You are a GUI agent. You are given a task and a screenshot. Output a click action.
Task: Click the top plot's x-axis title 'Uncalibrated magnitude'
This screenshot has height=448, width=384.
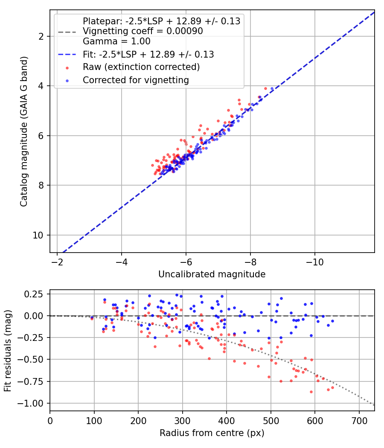(x=212, y=274)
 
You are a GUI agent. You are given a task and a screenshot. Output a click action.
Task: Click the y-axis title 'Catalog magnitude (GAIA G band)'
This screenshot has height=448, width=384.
(x=24, y=132)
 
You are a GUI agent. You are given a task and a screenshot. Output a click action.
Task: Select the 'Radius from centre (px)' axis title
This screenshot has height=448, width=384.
(x=212, y=433)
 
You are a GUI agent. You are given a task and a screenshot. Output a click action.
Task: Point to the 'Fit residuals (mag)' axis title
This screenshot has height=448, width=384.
(x=8, y=351)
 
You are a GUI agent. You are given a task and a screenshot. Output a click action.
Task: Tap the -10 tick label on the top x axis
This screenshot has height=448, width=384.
(x=314, y=262)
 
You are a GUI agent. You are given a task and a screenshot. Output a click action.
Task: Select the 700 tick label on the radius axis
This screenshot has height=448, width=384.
(x=359, y=421)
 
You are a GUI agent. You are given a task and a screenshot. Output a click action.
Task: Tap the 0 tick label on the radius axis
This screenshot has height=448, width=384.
(x=50, y=421)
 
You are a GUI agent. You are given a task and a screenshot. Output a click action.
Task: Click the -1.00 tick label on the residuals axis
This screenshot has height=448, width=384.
(x=31, y=404)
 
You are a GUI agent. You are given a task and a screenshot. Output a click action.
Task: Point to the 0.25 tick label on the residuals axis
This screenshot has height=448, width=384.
(x=34, y=294)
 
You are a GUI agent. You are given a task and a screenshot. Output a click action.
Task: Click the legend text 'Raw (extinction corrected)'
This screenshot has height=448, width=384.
(x=141, y=67)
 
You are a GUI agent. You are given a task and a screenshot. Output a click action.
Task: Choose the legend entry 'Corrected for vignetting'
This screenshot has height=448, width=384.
(x=136, y=80)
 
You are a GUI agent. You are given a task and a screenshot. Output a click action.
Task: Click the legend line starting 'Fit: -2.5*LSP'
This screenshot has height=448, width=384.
(x=148, y=54)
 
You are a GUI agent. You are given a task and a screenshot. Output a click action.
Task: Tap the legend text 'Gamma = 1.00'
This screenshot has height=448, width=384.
(x=116, y=41)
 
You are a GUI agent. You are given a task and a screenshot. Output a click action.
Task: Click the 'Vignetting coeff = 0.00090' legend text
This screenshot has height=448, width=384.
(x=143, y=31)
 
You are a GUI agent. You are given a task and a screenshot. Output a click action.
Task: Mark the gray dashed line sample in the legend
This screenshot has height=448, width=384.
(x=67, y=32)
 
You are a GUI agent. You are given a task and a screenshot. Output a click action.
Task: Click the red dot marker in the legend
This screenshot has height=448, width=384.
(x=67, y=68)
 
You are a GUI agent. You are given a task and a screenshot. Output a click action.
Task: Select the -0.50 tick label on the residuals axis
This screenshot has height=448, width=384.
(x=31, y=359)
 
